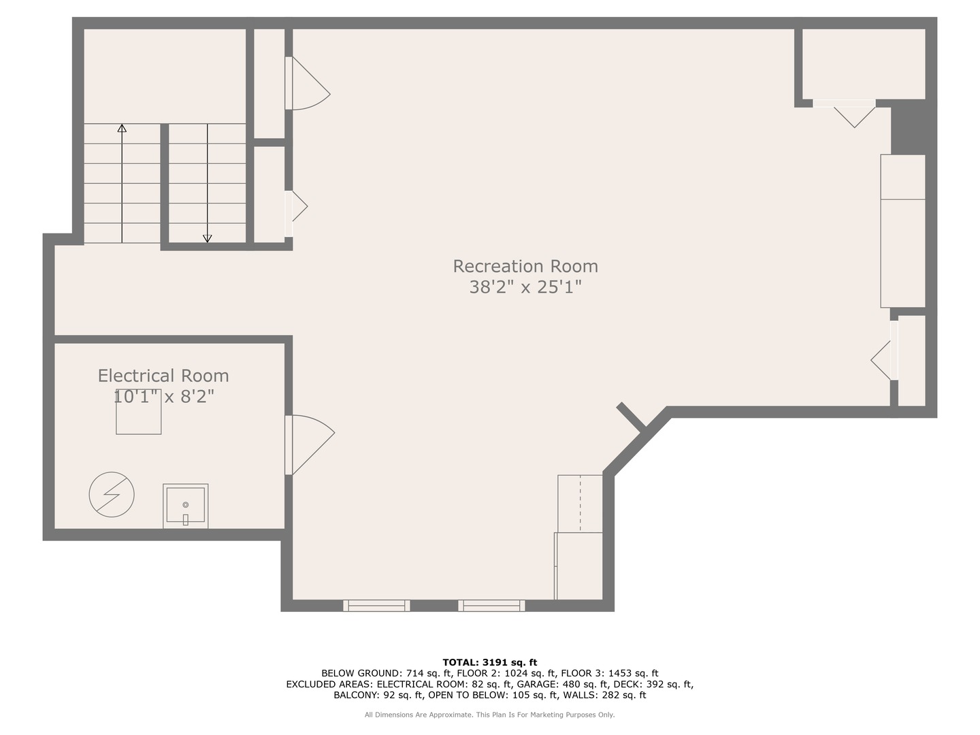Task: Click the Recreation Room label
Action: pos(525,266)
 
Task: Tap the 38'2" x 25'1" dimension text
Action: pos(525,287)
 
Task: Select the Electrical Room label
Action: pos(163,376)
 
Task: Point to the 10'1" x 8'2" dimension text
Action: pos(163,396)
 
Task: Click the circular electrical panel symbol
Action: pos(112,494)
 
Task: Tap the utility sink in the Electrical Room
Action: pos(185,506)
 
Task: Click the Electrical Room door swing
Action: pos(310,442)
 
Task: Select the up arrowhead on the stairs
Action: pos(122,128)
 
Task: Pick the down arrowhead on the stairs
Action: pos(208,238)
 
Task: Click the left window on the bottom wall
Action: pos(376,605)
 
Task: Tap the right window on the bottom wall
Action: pos(491,605)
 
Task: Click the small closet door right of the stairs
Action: pos(297,208)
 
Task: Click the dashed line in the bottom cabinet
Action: pos(580,504)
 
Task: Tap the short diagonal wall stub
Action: pos(631,416)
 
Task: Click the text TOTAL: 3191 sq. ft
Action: pos(489,662)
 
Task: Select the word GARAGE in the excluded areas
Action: pos(536,684)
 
